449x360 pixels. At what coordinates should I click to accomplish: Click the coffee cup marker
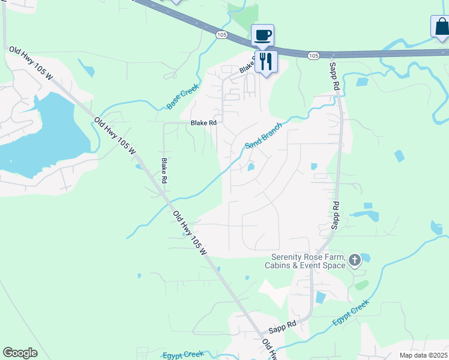262,34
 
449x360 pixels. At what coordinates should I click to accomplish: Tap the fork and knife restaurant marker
266,61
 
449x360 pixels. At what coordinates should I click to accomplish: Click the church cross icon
355,260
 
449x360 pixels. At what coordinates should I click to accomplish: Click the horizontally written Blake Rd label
203,123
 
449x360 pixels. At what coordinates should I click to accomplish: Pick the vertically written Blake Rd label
164,170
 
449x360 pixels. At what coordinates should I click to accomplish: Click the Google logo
20,353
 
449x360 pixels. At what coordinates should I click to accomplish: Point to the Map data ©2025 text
423,355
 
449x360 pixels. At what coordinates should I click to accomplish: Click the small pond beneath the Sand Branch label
251,167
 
